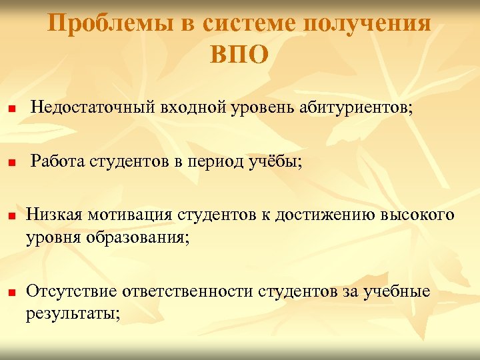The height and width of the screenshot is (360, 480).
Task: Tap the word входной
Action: pos(189,107)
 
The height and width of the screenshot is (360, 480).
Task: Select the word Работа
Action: pos(60,161)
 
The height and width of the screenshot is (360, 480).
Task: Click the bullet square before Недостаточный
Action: pos(11,109)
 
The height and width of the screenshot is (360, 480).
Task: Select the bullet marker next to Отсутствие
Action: pos(11,293)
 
